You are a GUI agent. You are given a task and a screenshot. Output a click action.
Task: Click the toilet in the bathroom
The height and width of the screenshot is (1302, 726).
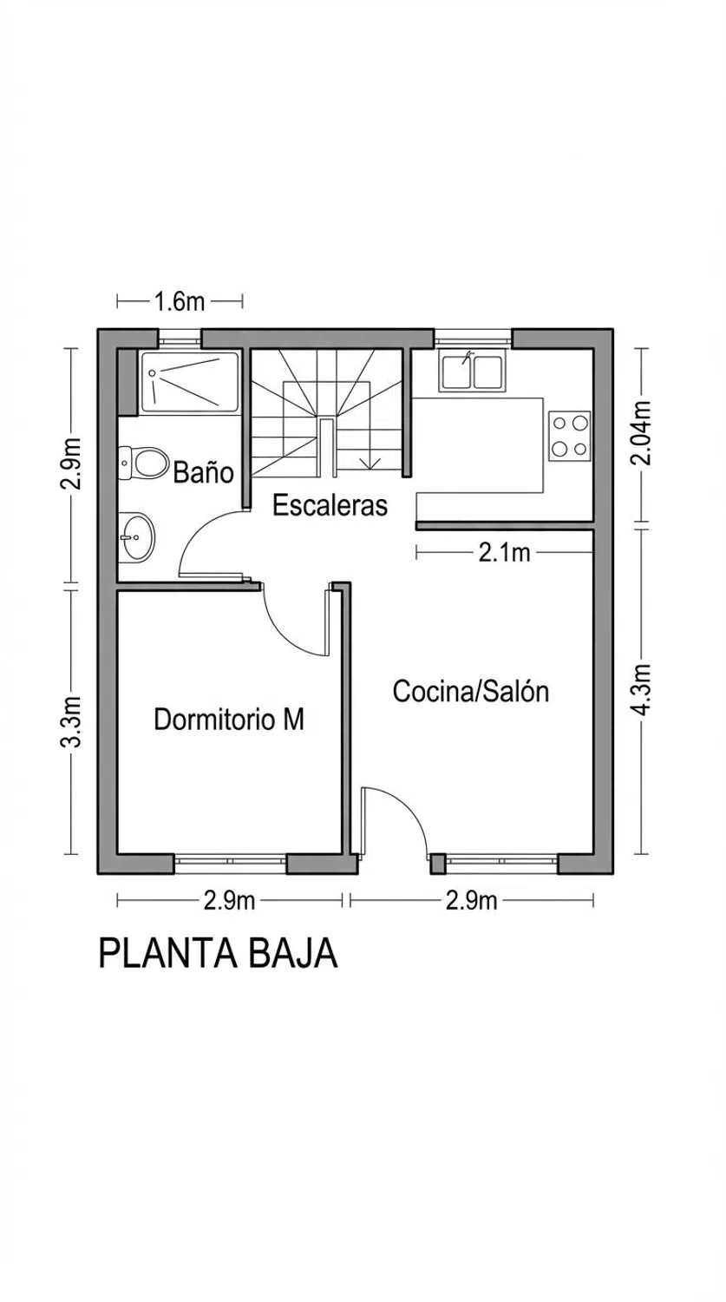tap(143, 464)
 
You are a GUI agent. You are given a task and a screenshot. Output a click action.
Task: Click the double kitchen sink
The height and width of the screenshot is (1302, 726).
tap(472, 371)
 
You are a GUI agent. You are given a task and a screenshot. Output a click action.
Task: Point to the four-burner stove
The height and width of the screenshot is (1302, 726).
tap(569, 436)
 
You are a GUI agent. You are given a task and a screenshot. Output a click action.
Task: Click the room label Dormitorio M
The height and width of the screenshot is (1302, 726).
tap(229, 720)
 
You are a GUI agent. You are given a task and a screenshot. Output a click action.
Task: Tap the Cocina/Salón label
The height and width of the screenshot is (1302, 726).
tap(471, 692)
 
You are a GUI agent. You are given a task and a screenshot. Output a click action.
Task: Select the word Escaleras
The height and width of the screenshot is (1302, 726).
tap(330, 505)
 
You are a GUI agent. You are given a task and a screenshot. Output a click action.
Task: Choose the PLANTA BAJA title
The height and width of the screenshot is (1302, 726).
tap(218, 953)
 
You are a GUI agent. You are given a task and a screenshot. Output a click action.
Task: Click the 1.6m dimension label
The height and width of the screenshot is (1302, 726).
tap(180, 302)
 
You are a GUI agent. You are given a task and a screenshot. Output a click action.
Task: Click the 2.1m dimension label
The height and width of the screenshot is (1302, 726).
tap(504, 553)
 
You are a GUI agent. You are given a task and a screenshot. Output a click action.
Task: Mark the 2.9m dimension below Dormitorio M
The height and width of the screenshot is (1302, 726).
tap(229, 900)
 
